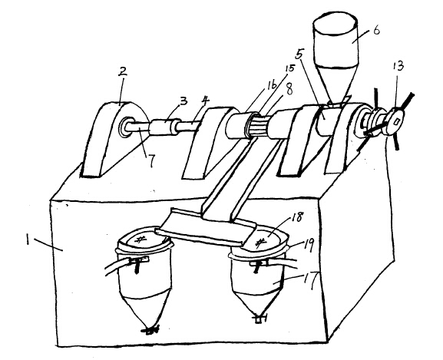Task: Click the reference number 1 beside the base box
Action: (28, 240)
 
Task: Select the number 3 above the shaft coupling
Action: (183, 101)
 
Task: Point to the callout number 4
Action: (206, 101)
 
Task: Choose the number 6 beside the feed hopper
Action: (376, 30)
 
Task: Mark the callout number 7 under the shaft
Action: (152, 160)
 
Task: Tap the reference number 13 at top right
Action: (398, 66)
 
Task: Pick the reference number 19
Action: (307, 245)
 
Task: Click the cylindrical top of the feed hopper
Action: (336, 39)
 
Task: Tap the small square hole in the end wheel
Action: (396, 121)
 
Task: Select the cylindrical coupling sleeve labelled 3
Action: (165, 127)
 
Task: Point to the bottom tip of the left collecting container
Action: (150, 329)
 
